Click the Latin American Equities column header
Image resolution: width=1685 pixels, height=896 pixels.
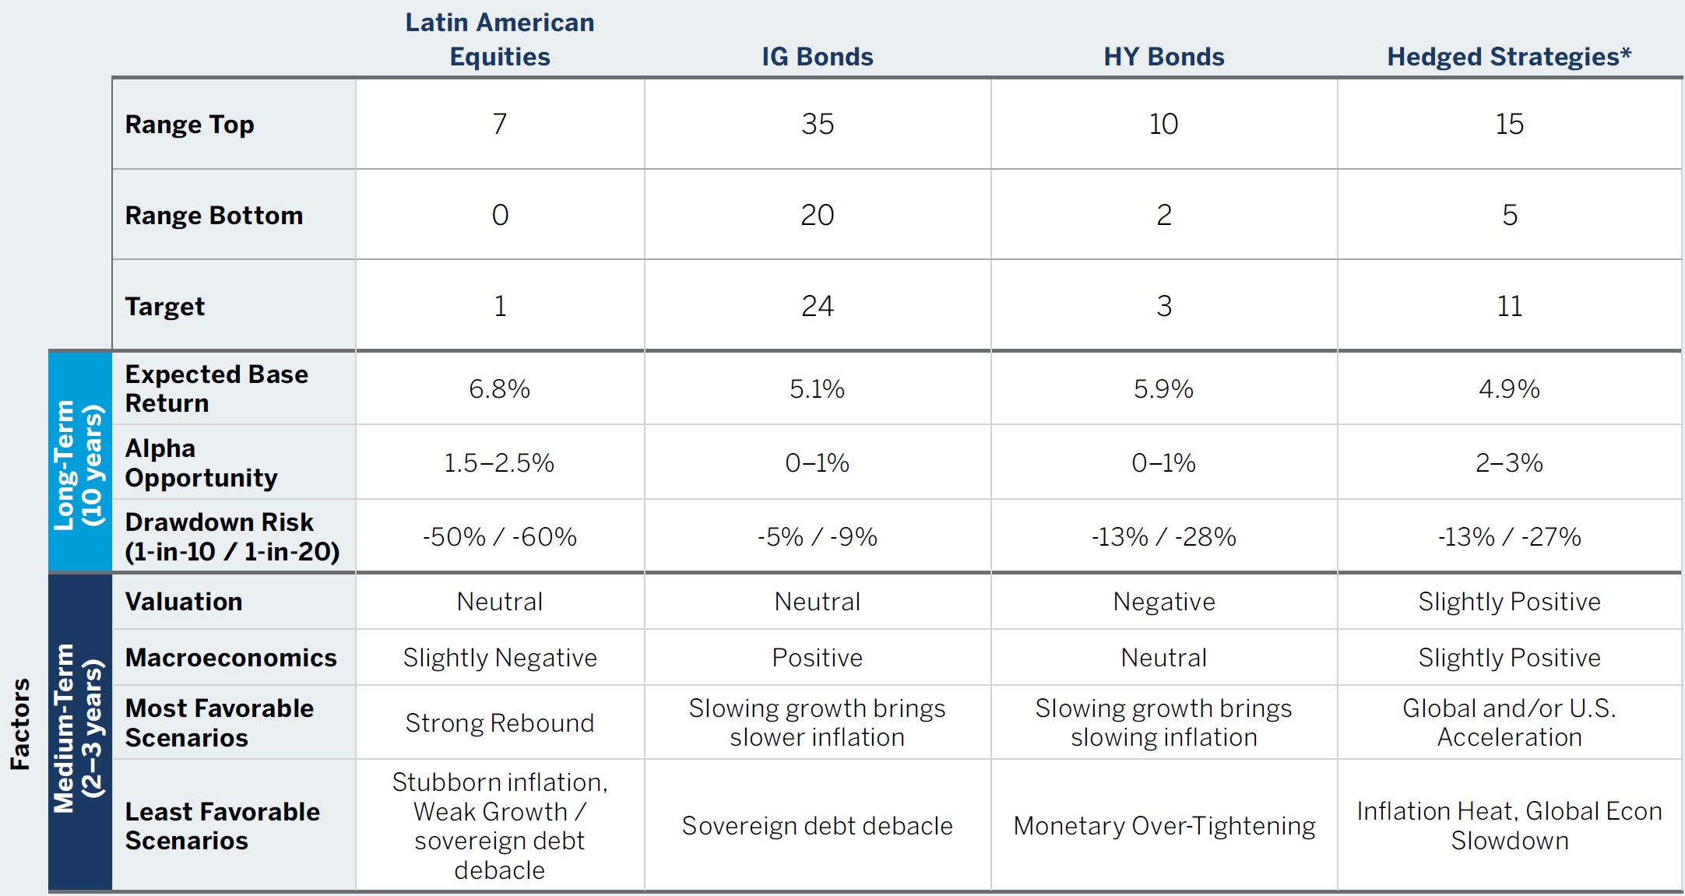[500, 39]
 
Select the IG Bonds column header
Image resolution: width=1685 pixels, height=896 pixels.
[817, 57]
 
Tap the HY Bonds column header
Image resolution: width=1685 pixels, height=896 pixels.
[1163, 57]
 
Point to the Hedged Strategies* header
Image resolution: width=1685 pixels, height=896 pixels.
[1508, 57]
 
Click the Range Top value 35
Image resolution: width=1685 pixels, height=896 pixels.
[818, 124]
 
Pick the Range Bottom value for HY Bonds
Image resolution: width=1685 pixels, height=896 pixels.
[1163, 215]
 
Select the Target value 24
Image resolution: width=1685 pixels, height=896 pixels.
[818, 306]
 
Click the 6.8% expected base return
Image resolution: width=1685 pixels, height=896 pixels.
[499, 388]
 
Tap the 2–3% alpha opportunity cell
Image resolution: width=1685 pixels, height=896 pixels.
[1509, 462]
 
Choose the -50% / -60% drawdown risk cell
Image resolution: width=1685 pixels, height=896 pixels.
[499, 536]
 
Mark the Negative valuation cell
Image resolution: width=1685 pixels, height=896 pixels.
[1163, 602]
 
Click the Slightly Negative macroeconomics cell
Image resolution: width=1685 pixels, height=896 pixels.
[499, 658]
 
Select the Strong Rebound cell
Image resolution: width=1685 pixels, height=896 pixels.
[499, 723]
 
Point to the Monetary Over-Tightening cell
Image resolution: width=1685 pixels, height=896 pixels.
[1163, 826]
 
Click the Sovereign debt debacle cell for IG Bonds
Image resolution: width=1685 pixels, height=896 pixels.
[817, 826]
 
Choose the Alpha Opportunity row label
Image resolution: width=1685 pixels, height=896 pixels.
[201, 462]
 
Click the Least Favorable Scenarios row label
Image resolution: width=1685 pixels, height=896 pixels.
[222, 826]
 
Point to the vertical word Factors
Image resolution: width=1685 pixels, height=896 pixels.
[20, 724]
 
